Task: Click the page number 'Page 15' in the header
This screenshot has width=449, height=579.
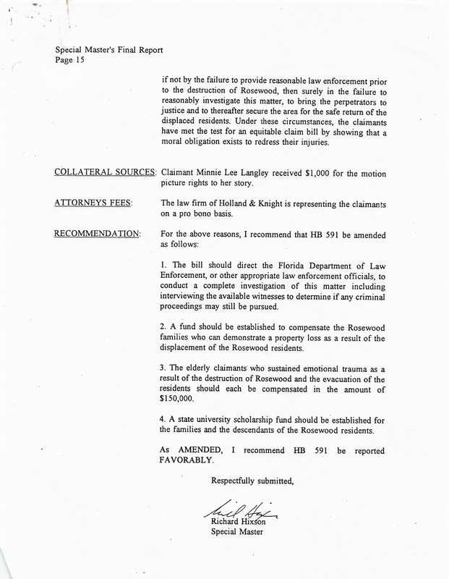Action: (68, 60)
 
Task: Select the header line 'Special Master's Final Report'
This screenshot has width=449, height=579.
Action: (108, 50)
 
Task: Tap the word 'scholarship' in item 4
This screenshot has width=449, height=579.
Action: (277, 420)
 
